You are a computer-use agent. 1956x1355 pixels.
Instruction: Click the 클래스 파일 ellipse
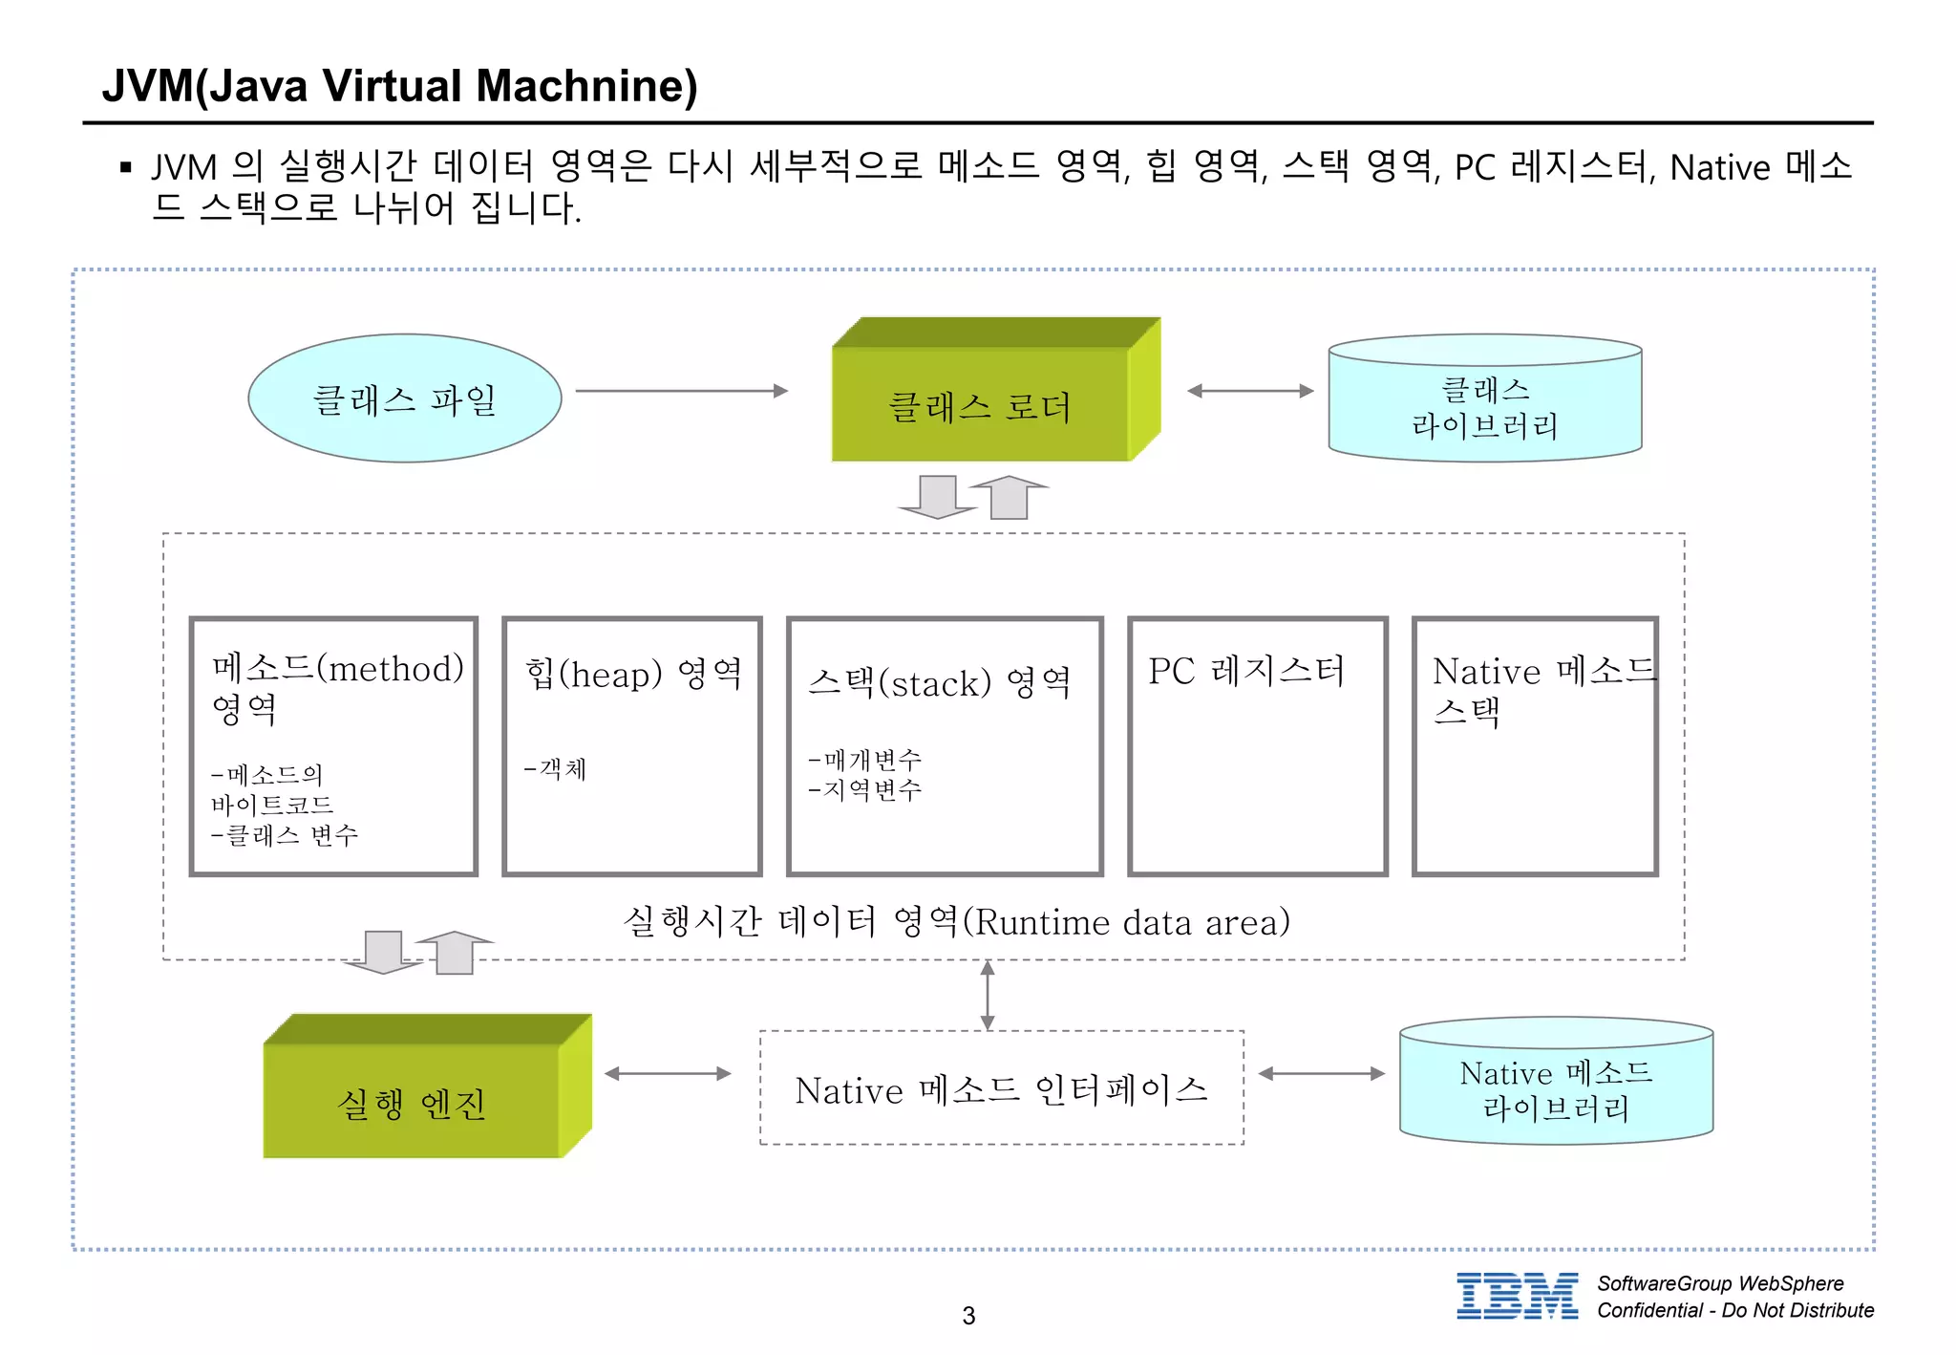[404, 398]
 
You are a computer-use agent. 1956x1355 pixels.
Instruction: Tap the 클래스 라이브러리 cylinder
[1484, 406]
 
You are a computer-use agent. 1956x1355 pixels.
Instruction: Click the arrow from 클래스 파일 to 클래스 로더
[681, 391]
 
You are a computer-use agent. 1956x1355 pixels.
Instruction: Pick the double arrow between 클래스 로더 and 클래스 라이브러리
[1250, 391]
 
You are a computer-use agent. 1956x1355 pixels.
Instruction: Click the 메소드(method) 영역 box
[333, 745]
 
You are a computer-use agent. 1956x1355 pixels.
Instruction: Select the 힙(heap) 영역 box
[631, 745]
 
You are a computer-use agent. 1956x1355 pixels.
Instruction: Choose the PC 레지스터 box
[1257, 745]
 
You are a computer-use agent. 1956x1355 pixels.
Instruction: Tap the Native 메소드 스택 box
[1534, 745]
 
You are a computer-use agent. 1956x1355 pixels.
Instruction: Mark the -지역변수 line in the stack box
[865, 790]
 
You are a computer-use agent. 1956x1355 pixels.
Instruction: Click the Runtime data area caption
[956, 922]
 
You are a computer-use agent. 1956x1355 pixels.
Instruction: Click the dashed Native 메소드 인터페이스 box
[1001, 1088]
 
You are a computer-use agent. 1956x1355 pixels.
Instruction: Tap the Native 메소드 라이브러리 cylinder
[1556, 1089]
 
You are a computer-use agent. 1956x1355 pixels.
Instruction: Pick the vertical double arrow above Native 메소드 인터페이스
[988, 995]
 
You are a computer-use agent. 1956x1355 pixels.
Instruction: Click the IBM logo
[1517, 1297]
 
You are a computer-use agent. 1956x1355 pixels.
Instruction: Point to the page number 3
[968, 1316]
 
